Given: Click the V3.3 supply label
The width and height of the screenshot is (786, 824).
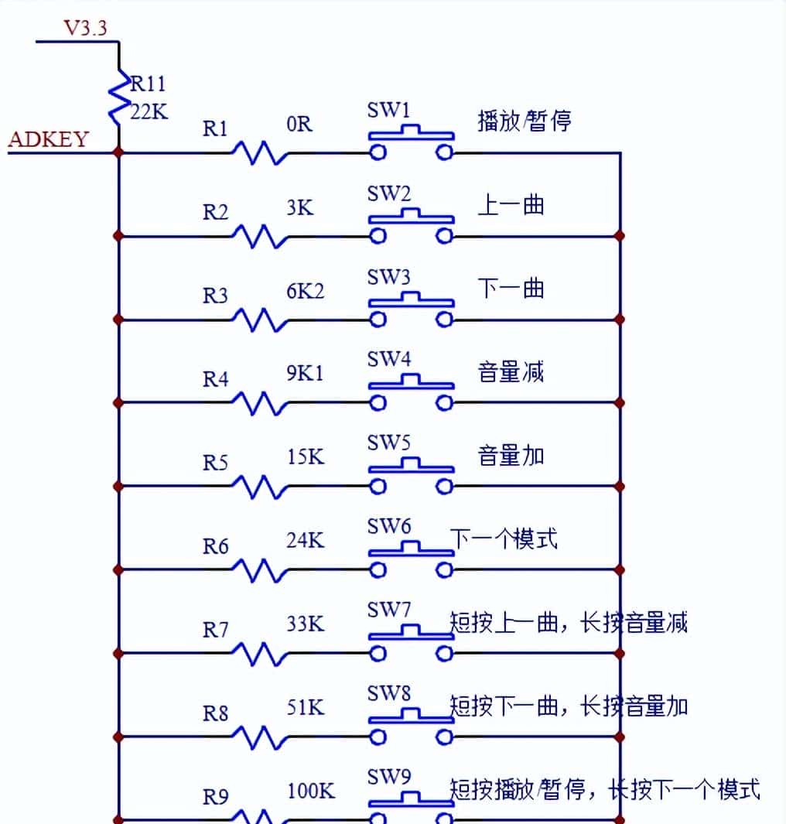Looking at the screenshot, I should (x=85, y=28).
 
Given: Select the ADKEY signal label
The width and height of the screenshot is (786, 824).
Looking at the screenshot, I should (x=48, y=140).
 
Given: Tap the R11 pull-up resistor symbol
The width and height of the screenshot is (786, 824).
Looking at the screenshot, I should (x=118, y=97).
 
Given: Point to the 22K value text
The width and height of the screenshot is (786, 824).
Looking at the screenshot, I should (x=149, y=111).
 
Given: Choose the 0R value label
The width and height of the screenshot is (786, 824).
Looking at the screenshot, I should (x=299, y=124).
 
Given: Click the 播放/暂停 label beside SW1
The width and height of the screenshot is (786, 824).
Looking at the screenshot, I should (x=525, y=121).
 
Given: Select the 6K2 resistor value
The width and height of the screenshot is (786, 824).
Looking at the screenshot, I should (x=305, y=291).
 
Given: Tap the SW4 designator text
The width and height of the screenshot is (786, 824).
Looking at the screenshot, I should (x=389, y=359).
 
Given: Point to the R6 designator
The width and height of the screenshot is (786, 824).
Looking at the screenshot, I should (x=216, y=546).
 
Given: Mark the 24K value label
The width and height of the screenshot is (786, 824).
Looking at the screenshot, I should (x=305, y=540).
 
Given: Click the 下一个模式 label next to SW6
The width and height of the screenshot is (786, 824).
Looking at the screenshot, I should (x=504, y=538).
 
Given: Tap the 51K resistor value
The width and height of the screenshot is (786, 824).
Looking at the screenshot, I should (x=305, y=707).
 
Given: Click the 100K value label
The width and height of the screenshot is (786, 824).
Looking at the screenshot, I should (x=310, y=791).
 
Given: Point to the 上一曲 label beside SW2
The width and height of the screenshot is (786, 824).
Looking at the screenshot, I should (x=511, y=204).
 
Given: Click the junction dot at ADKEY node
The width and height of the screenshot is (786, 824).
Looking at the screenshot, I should (x=118, y=152).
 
